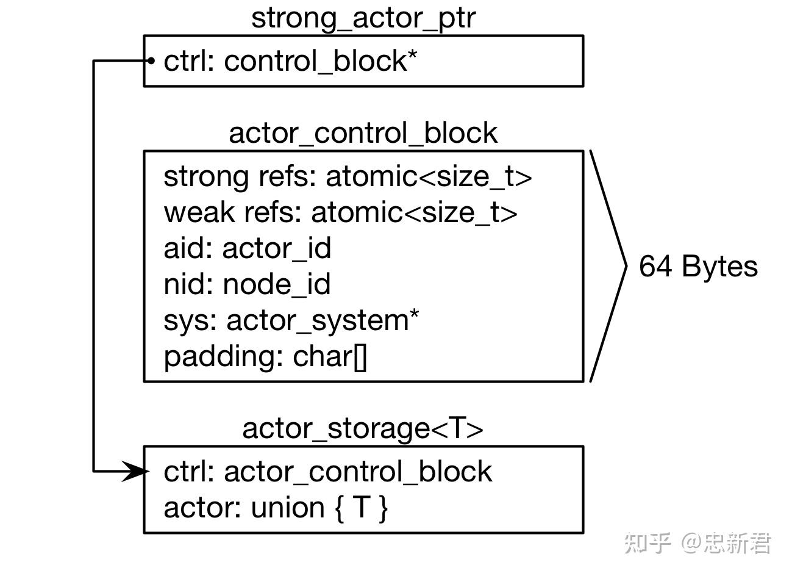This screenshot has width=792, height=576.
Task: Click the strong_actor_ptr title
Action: pos(363,18)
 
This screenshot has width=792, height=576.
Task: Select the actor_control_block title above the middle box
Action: pos(363,133)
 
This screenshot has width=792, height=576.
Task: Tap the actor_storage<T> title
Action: pos(363,428)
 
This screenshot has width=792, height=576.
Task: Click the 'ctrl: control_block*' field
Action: pos(290,61)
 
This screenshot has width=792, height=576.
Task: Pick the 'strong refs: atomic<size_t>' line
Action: pos(348,176)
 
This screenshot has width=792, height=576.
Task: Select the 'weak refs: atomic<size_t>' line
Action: pos(340,212)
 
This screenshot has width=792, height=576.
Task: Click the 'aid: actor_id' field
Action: pos(247,248)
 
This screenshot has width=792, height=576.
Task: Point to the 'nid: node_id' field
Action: pos(247,284)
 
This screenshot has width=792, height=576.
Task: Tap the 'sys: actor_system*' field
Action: pos(291,320)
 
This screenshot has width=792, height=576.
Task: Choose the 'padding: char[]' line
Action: pos(265,356)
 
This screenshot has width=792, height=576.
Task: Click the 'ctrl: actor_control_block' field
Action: pos(327,472)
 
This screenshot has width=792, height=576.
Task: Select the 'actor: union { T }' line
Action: pos(276,508)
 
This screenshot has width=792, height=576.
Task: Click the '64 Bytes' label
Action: pos(698,267)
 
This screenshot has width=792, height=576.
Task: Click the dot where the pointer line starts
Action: pos(151,60)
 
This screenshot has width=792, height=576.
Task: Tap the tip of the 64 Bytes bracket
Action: pos(625,265)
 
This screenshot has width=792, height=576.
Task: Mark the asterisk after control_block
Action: pos(413,54)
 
